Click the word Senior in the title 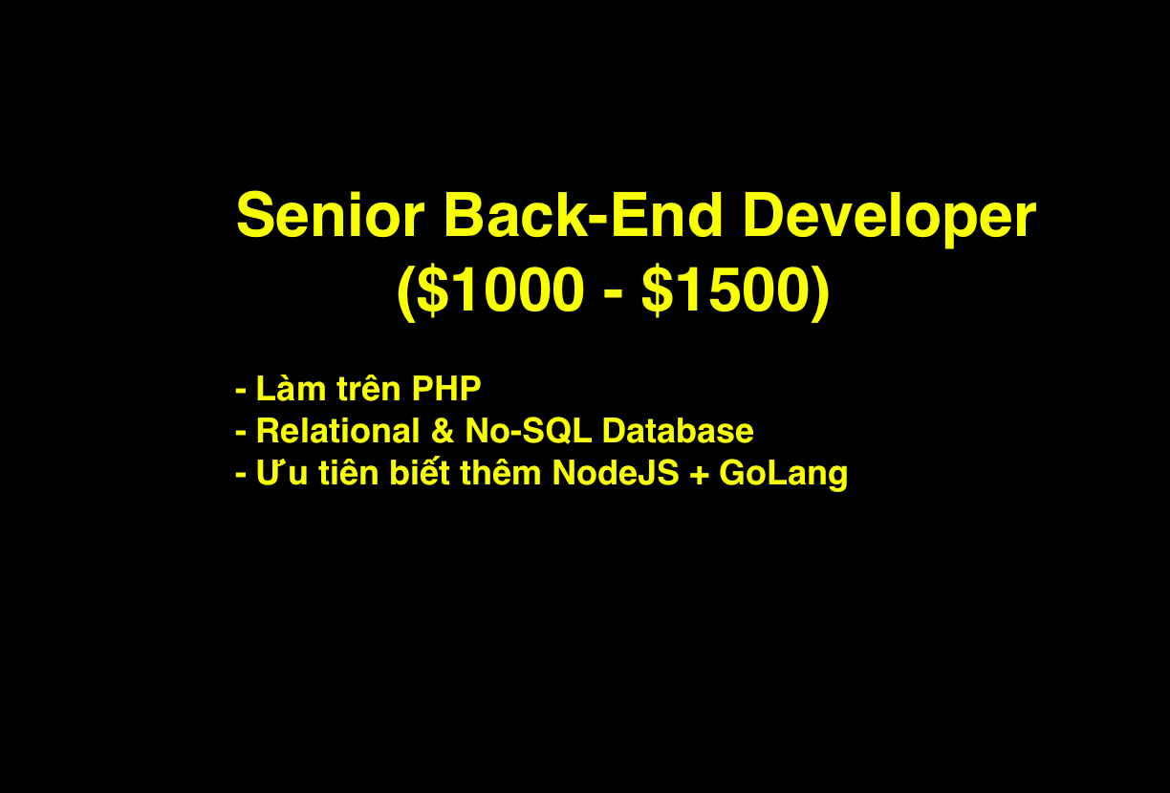pyautogui.click(x=330, y=215)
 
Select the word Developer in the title pyautogui.click(x=890, y=218)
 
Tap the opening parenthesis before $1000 pyautogui.click(x=406, y=293)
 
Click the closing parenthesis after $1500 pyautogui.click(x=820, y=293)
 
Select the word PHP pyautogui.click(x=446, y=389)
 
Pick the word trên pyautogui.click(x=369, y=389)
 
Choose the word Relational pyautogui.click(x=338, y=431)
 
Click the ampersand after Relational pyautogui.click(x=443, y=431)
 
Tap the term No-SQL pyautogui.click(x=528, y=431)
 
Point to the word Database pyautogui.click(x=678, y=431)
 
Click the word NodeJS pyautogui.click(x=616, y=473)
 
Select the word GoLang pyautogui.click(x=784, y=475)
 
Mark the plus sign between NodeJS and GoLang pyautogui.click(x=699, y=474)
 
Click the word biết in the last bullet pyautogui.click(x=420, y=472)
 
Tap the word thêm pyautogui.click(x=500, y=472)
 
